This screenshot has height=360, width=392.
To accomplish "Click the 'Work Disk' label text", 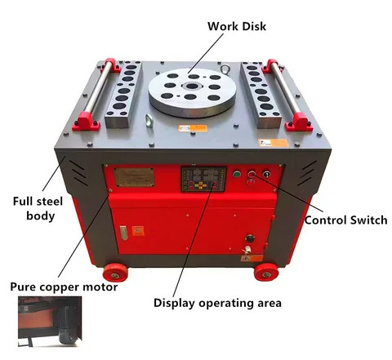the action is pyautogui.click(x=237, y=26).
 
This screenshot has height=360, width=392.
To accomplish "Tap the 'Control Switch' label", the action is pyautogui.click(x=345, y=220).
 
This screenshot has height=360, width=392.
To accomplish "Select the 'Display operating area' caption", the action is pyautogui.click(x=217, y=303).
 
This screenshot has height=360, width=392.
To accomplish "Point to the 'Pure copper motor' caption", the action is pyautogui.click(x=64, y=287).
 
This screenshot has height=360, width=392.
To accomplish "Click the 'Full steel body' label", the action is pyautogui.click(x=38, y=208).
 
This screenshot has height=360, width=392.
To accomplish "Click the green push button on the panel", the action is pyautogui.click(x=237, y=174).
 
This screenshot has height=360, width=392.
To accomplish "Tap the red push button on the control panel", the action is pyautogui.click(x=252, y=174).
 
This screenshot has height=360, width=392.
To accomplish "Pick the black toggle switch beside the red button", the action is pyautogui.click(x=266, y=174).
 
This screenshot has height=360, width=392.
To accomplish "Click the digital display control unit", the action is pyautogui.click(x=203, y=179).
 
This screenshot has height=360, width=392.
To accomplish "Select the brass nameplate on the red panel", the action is pyautogui.click(x=134, y=177).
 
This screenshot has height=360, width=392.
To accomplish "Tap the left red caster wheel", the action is pyautogui.click(x=115, y=273).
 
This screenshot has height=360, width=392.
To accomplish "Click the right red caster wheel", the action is pyautogui.click(x=266, y=272).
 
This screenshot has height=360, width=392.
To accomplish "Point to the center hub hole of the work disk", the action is pyautogui.click(x=192, y=87).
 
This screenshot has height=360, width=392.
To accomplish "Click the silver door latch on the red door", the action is pyautogui.click(x=124, y=233).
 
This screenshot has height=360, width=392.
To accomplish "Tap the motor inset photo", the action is pyautogui.click(x=50, y=322).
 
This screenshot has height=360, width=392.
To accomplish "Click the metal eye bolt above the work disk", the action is pyautogui.click(x=225, y=69).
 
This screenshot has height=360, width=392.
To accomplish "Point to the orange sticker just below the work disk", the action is pyautogui.click(x=193, y=128).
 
